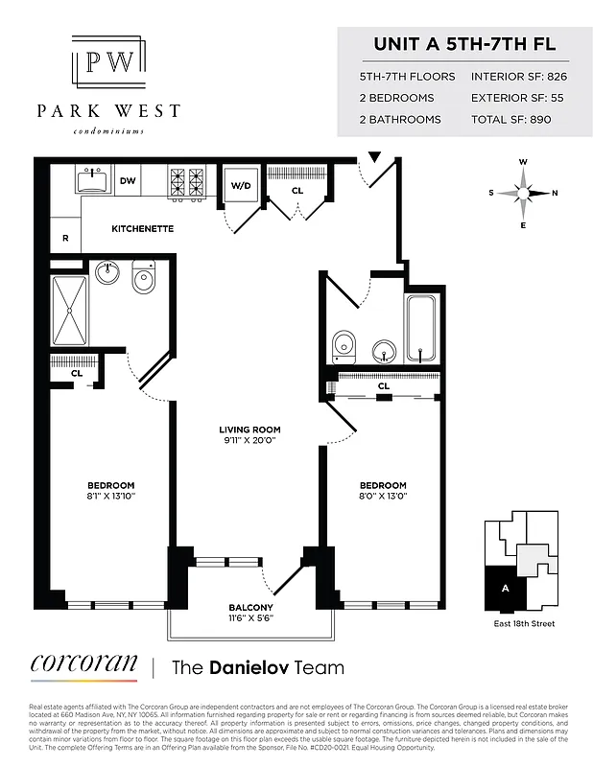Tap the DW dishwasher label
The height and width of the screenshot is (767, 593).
point(129,180)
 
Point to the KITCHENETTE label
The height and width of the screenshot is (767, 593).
point(142,229)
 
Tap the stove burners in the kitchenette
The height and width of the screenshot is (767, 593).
point(187,181)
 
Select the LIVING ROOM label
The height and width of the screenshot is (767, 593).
point(249,430)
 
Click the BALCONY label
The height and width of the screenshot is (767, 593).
point(250,608)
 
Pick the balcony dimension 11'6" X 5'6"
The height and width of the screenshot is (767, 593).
point(250,619)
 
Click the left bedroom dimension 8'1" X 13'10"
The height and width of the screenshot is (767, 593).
point(111,496)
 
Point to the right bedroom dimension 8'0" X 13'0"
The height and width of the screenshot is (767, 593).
point(383,496)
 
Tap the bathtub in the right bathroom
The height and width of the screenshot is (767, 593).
point(423,328)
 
